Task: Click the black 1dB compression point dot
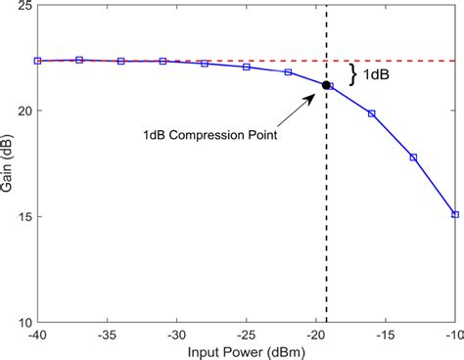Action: point(326,85)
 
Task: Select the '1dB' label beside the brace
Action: point(378,73)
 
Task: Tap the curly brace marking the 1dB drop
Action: point(354,72)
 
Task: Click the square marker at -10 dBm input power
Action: point(454,214)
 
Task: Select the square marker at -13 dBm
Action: point(413,157)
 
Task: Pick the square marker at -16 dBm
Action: point(371,113)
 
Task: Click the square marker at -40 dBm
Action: point(37,61)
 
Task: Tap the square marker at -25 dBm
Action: point(246,67)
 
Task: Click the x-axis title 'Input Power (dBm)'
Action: point(246,351)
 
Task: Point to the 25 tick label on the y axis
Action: point(22,7)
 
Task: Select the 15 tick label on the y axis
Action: point(22,216)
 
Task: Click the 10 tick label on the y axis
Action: point(22,322)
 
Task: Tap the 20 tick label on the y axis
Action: point(22,112)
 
